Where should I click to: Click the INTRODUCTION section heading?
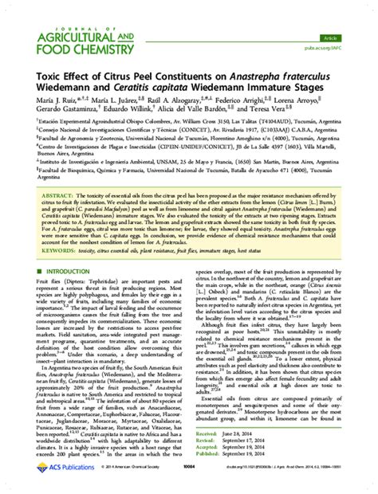pyautogui.click(x=60, y=272)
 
